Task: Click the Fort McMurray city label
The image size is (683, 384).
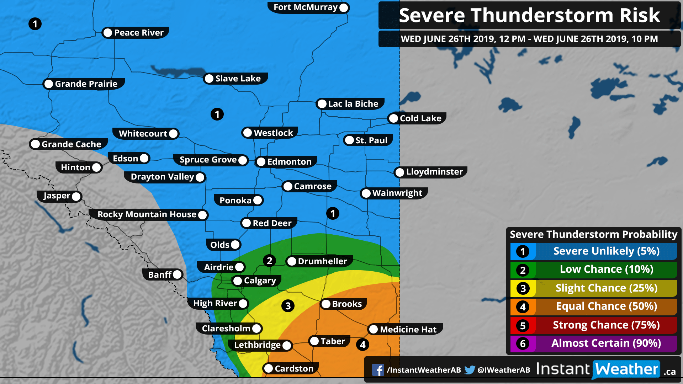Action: (305, 7)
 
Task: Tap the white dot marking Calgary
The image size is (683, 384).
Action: (237, 281)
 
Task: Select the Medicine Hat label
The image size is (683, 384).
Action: (408, 330)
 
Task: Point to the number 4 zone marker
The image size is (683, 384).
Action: (362, 345)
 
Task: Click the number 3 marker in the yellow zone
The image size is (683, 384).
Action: (288, 306)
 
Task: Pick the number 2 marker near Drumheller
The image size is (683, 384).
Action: (269, 261)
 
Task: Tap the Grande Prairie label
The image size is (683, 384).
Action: (86, 84)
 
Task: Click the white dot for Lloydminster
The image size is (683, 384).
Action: (400, 172)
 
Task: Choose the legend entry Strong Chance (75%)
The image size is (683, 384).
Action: (606, 325)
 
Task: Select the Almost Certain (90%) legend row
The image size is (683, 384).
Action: (606, 343)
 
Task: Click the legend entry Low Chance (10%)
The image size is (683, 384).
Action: (606, 270)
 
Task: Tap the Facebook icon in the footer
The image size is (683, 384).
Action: (378, 370)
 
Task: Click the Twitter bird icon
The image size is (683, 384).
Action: (470, 370)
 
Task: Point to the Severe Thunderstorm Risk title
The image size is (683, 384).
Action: (529, 15)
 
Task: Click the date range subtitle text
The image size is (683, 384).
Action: (529, 39)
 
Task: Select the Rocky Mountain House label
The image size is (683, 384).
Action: (147, 214)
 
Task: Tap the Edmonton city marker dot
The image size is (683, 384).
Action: (261, 162)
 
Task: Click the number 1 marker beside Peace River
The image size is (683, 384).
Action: (35, 24)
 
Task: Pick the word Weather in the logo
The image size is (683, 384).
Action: (626, 369)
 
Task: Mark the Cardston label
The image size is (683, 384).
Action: (294, 369)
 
